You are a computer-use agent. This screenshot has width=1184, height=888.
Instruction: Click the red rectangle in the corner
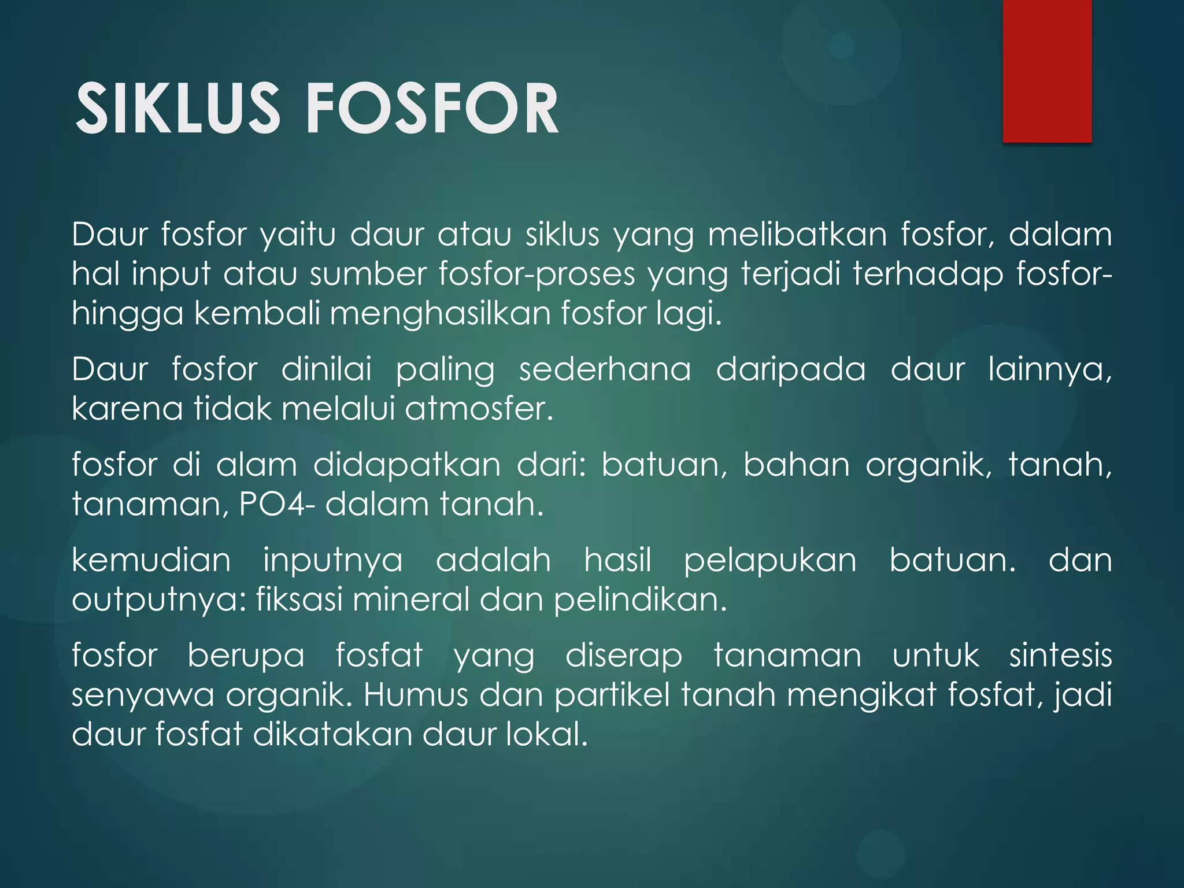pyautogui.click(x=1046, y=71)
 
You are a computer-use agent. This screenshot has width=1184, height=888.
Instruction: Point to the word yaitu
pyautogui.click(x=297, y=235)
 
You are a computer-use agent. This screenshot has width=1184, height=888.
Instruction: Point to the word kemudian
pyautogui.click(x=151, y=560)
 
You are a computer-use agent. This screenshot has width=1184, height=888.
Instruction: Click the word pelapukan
pyautogui.click(x=769, y=560)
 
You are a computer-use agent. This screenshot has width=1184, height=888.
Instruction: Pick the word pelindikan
pyautogui.click(x=640, y=600)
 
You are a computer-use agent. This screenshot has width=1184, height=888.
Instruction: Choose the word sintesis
pyautogui.click(x=1060, y=655)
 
